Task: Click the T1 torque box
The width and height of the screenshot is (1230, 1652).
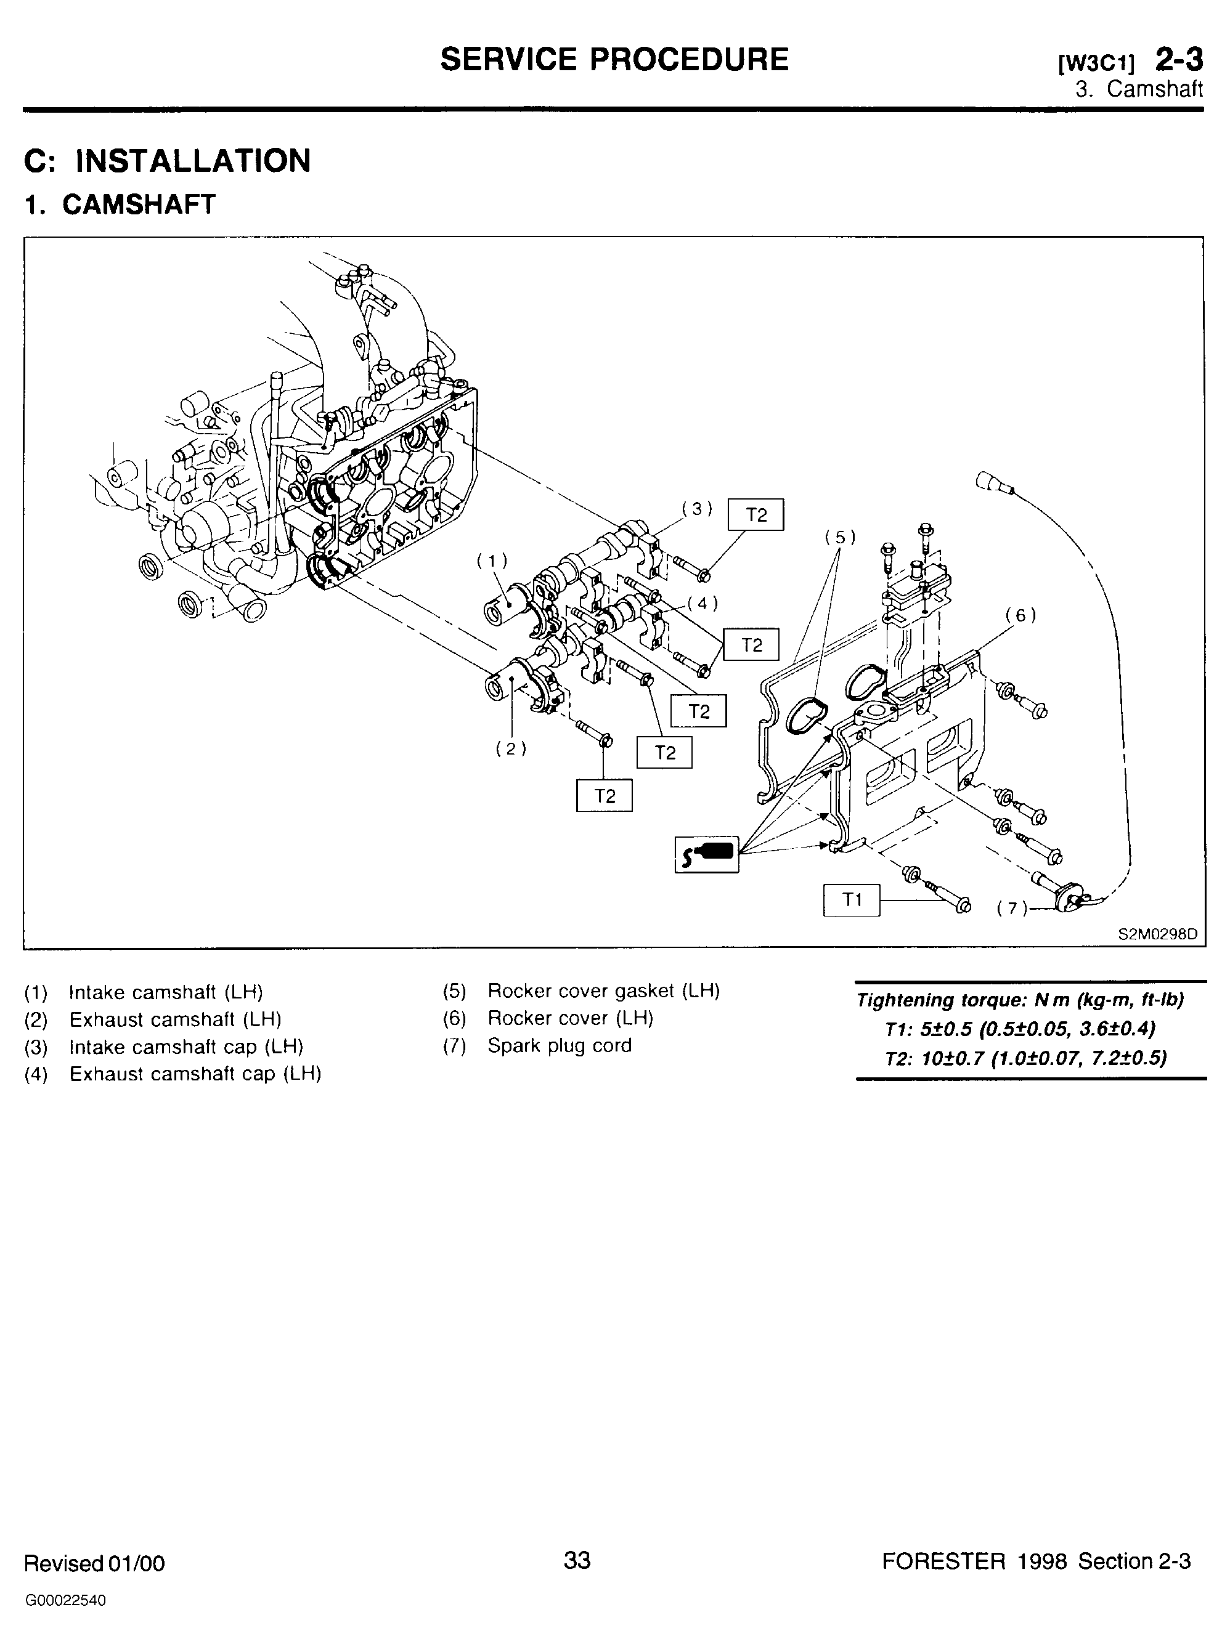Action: pyautogui.click(x=851, y=901)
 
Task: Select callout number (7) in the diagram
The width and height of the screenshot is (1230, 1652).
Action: pyautogui.click(x=1011, y=909)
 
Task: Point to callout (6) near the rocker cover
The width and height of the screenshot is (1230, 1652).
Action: pyautogui.click(x=1020, y=615)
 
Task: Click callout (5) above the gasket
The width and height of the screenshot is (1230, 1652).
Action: pyautogui.click(x=840, y=537)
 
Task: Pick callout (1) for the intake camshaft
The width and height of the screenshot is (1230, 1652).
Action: pyautogui.click(x=491, y=561)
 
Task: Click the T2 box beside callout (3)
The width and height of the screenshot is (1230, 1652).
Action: pyautogui.click(x=756, y=515)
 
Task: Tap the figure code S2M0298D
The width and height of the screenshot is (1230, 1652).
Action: pyautogui.click(x=1158, y=934)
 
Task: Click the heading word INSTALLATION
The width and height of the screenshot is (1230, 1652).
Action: pyautogui.click(x=193, y=161)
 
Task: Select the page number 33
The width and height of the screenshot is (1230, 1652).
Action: pyautogui.click(x=577, y=1559)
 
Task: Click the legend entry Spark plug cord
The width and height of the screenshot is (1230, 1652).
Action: pyautogui.click(x=559, y=1045)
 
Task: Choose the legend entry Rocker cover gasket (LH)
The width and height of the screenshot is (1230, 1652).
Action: pyautogui.click(x=604, y=991)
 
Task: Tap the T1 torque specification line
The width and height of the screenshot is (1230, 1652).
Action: pyautogui.click(x=1020, y=1029)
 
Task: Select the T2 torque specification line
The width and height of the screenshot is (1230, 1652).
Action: pyautogui.click(x=1025, y=1058)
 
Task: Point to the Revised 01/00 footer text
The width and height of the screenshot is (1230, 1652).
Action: pyautogui.click(x=94, y=1563)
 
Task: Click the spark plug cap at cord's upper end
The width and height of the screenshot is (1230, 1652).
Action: pyautogui.click(x=993, y=482)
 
